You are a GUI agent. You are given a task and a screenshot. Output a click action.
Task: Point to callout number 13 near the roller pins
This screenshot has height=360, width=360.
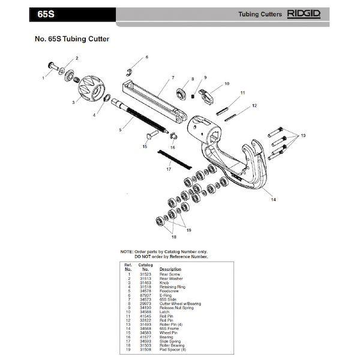pyautogui.click(x=304, y=136)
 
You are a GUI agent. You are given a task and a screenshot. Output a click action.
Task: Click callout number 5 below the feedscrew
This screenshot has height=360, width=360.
pyautogui.click(x=120, y=130)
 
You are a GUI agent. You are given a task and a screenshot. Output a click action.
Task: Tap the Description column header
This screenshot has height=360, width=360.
pyautogui.click(x=170, y=269)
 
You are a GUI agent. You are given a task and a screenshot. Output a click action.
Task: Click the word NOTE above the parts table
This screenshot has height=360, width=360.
pyautogui.click(x=127, y=252)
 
